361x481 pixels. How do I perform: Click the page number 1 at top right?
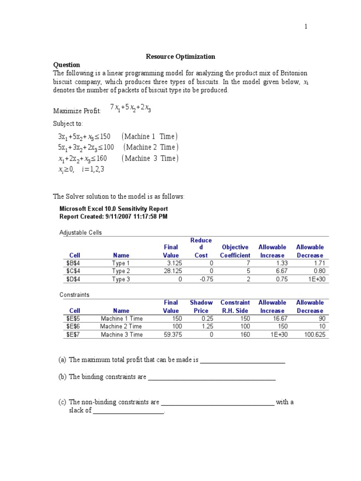point(306,27)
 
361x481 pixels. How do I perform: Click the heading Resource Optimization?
point(180,56)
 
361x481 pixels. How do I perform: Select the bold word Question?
point(66,65)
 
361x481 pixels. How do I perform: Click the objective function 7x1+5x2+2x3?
point(131,108)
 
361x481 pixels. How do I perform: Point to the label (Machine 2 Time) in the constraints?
point(151,147)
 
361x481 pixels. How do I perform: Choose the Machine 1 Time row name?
point(121,318)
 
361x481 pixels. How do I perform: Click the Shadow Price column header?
point(201,307)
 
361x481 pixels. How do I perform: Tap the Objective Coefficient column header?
point(235,251)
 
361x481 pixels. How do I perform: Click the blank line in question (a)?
point(243,361)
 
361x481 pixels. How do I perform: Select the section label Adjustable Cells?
point(80,233)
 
